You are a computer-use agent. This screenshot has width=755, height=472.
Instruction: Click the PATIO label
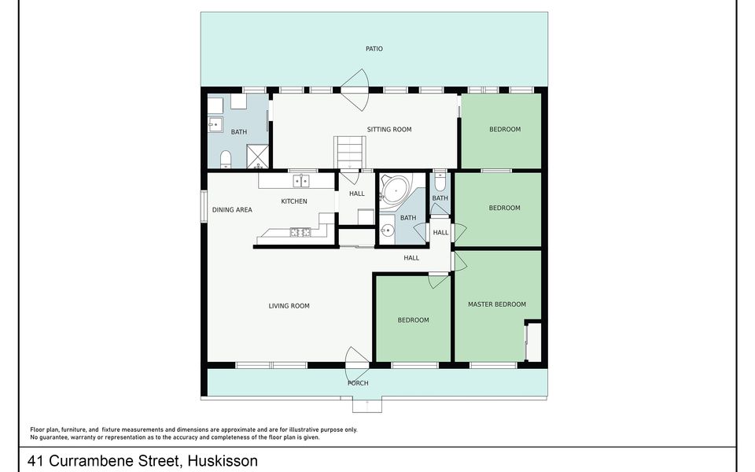(374, 49)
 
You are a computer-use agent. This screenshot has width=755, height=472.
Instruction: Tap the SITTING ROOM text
(389, 129)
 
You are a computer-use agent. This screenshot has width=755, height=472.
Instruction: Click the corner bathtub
(395, 190)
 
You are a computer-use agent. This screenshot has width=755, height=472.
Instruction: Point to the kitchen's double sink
(301, 181)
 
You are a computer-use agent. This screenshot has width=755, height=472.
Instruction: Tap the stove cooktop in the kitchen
(300, 233)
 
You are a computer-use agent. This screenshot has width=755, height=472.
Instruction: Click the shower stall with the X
(258, 156)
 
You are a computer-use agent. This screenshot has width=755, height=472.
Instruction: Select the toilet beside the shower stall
(226, 160)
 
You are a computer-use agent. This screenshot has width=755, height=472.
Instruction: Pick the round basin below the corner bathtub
(387, 230)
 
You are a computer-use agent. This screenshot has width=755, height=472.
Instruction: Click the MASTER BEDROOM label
(497, 304)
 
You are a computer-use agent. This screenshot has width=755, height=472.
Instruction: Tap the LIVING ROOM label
(289, 306)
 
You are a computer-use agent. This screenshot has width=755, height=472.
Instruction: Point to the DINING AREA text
(232, 210)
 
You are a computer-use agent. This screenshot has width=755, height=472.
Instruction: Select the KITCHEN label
(294, 201)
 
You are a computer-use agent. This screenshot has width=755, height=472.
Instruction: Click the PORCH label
(358, 383)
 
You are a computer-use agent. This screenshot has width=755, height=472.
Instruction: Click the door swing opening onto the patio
(355, 90)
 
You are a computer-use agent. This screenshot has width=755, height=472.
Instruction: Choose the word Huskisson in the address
(223, 461)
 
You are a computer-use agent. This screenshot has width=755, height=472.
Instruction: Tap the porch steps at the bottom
(367, 404)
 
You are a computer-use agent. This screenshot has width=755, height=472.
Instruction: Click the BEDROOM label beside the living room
(413, 320)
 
